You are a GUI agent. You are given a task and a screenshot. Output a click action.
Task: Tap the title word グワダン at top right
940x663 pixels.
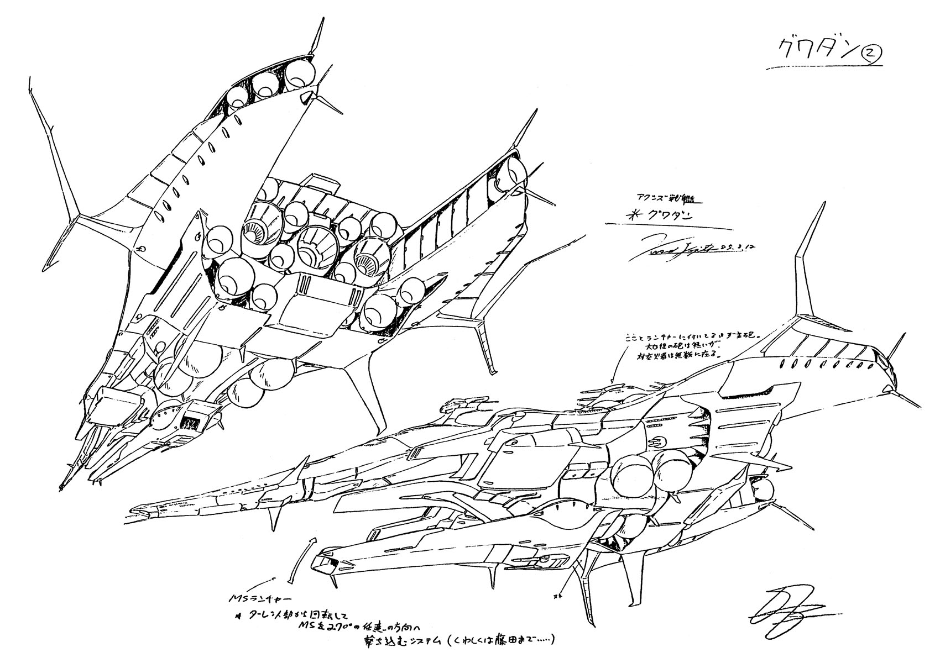(x=810, y=52)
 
